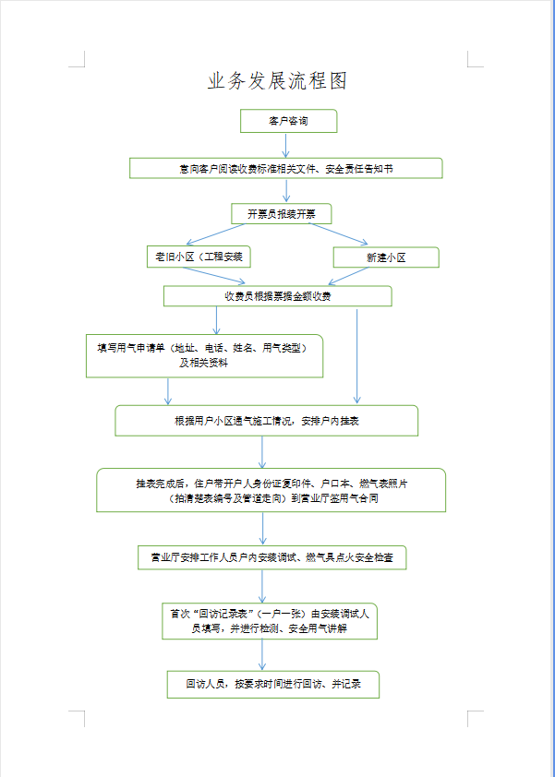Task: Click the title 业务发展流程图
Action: click(277, 81)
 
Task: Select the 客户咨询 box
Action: click(288, 121)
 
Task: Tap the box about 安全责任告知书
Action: click(285, 168)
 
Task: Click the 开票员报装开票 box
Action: click(281, 213)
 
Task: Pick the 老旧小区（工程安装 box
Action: click(198, 257)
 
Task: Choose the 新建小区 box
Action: click(385, 257)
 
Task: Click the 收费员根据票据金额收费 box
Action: click(277, 295)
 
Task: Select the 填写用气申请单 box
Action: click(204, 355)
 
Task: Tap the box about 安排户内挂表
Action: click(266, 420)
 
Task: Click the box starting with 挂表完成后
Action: click(271, 490)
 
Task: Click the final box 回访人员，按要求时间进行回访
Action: click(272, 684)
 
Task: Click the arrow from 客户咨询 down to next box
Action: click(286, 145)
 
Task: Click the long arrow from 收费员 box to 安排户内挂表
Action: click(356, 355)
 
